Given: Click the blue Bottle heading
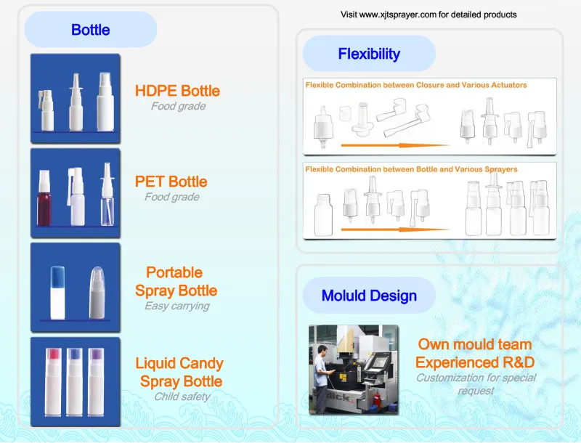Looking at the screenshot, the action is [x=90, y=30].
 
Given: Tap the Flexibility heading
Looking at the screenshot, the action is [x=369, y=54].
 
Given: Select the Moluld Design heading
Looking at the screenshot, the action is [x=369, y=296].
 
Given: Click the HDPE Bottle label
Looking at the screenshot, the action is [x=177, y=91].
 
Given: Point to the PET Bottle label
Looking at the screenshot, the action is [x=171, y=182].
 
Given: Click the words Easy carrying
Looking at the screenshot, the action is [x=177, y=306].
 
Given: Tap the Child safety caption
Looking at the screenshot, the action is [x=182, y=397].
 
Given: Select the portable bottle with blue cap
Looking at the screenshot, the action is [x=57, y=293].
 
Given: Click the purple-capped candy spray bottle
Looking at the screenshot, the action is [x=96, y=382].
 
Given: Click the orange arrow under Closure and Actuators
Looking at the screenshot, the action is [x=395, y=145].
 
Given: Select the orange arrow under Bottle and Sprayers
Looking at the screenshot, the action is [x=395, y=229].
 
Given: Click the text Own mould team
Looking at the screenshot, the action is [x=475, y=344].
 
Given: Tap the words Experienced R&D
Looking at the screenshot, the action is [x=475, y=362].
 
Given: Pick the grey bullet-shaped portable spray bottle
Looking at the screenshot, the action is [x=97, y=293].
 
